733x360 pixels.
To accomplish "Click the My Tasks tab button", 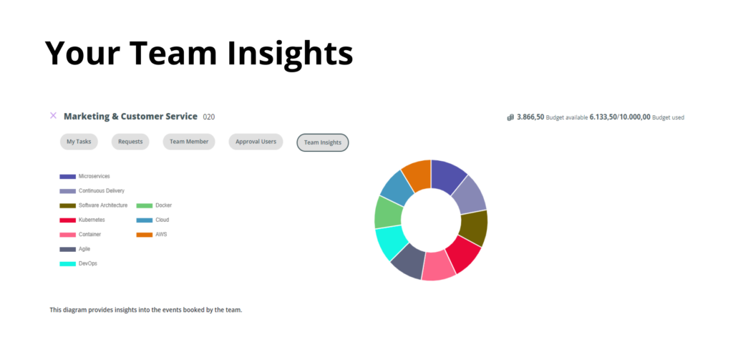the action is coord(79,142).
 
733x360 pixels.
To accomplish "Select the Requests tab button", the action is coord(130,142).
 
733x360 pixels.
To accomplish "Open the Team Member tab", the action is coord(189,142).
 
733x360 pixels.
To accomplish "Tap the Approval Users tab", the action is coord(256,142).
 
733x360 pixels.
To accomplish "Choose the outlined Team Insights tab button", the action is coord(323,142).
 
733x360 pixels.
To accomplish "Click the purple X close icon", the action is coord(53,115).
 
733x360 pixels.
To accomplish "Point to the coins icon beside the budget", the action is coord(510,117).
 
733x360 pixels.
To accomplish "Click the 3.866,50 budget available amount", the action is coord(530,117).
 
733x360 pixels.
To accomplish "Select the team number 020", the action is coord(209,117).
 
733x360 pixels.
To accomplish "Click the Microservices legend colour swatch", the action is coord(67,177).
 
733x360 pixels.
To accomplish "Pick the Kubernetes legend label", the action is coord(92,220).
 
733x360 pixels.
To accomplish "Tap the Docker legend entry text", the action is coord(164,205).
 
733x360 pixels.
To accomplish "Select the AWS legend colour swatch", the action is coord(145,235).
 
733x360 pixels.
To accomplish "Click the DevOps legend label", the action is coord(88,263).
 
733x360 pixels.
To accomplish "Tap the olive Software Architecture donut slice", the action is coord(474,228).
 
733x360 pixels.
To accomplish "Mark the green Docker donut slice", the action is coord(387,213).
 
